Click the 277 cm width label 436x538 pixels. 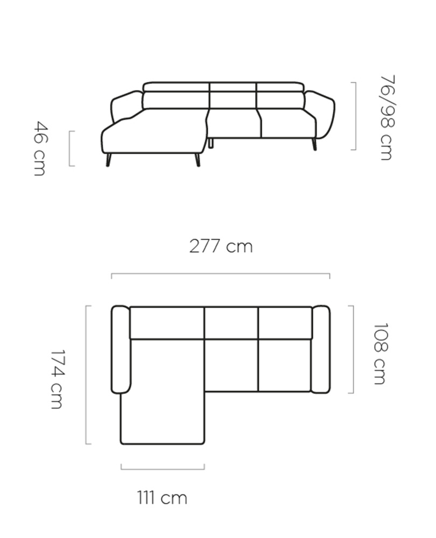point(221,246)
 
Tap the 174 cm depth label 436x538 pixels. point(57,379)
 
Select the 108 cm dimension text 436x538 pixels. point(380,353)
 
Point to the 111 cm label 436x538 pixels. point(162,498)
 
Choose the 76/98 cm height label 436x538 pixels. point(387,117)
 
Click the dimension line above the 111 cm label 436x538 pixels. point(163,469)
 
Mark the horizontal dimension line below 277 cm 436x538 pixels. point(220,274)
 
